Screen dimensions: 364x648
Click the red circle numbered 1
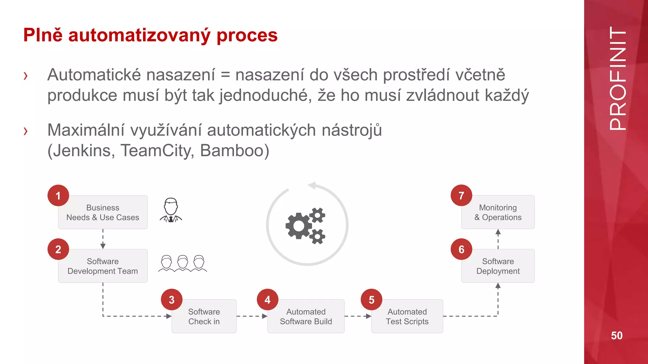pyautogui.click(x=58, y=196)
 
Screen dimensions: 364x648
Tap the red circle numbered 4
pyautogui.click(x=267, y=300)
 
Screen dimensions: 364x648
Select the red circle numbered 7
pyautogui.click(x=461, y=196)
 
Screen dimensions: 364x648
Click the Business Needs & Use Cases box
pyautogui.click(x=103, y=213)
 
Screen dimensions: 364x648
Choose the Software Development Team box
pyautogui.click(x=103, y=266)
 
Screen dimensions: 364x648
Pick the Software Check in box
pyautogui.click(x=204, y=317)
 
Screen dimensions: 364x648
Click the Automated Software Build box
pyautogui.click(x=306, y=317)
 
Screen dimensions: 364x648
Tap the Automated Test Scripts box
pyautogui.click(x=407, y=317)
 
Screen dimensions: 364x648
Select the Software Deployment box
pyautogui.click(x=498, y=266)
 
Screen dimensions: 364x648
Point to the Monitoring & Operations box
pyautogui.click(x=498, y=212)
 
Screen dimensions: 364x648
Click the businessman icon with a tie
pyautogui.click(x=171, y=210)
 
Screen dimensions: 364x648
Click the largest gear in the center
pyautogui.click(x=298, y=226)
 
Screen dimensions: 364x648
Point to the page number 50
pyautogui.click(x=617, y=336)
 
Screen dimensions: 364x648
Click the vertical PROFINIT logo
pyautogui.click(x=617, y=78)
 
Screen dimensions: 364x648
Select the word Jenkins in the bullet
pyautogui.click(x=84, y=150)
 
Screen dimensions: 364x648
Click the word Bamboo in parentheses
pyautogui.click(x=234, y=150)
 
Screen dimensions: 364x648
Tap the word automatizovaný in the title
pyautogui.click(x=139, y=35)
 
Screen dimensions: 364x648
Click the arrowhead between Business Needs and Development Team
pyautogui.click(x=103, y=246)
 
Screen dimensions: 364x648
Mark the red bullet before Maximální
pyautogui.click(x=26, y=131)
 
